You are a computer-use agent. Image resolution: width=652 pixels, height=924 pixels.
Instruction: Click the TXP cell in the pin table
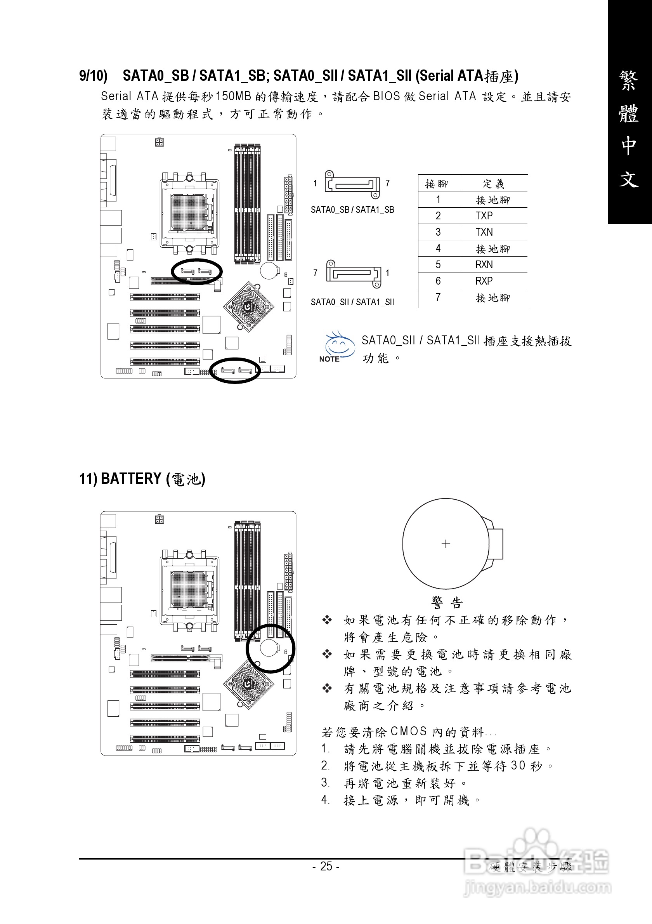484,216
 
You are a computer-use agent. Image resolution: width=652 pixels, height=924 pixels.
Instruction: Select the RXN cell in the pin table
484,264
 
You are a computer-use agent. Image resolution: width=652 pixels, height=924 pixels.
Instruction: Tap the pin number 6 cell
438,281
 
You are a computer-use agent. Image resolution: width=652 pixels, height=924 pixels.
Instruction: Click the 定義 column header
493,184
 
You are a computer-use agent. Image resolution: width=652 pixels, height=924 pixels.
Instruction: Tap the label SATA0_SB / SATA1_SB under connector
352,210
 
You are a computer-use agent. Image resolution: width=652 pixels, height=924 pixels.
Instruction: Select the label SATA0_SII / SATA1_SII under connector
352,302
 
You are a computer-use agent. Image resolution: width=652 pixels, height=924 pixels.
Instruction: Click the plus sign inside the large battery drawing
446,544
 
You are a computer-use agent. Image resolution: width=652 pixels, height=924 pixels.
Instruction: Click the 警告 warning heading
447,603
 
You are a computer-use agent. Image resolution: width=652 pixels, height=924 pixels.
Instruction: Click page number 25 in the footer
326,866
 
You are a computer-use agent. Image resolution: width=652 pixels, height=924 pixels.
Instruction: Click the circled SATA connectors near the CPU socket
196,271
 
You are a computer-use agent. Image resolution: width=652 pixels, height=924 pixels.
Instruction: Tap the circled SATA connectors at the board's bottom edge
235,370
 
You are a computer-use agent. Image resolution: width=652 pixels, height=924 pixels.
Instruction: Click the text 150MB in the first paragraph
233,97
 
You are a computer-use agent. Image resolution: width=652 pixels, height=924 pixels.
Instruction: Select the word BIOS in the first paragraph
386,97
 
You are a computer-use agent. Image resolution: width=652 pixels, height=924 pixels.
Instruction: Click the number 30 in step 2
518,766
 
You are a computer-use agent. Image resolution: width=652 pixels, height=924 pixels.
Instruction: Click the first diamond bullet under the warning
327,620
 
